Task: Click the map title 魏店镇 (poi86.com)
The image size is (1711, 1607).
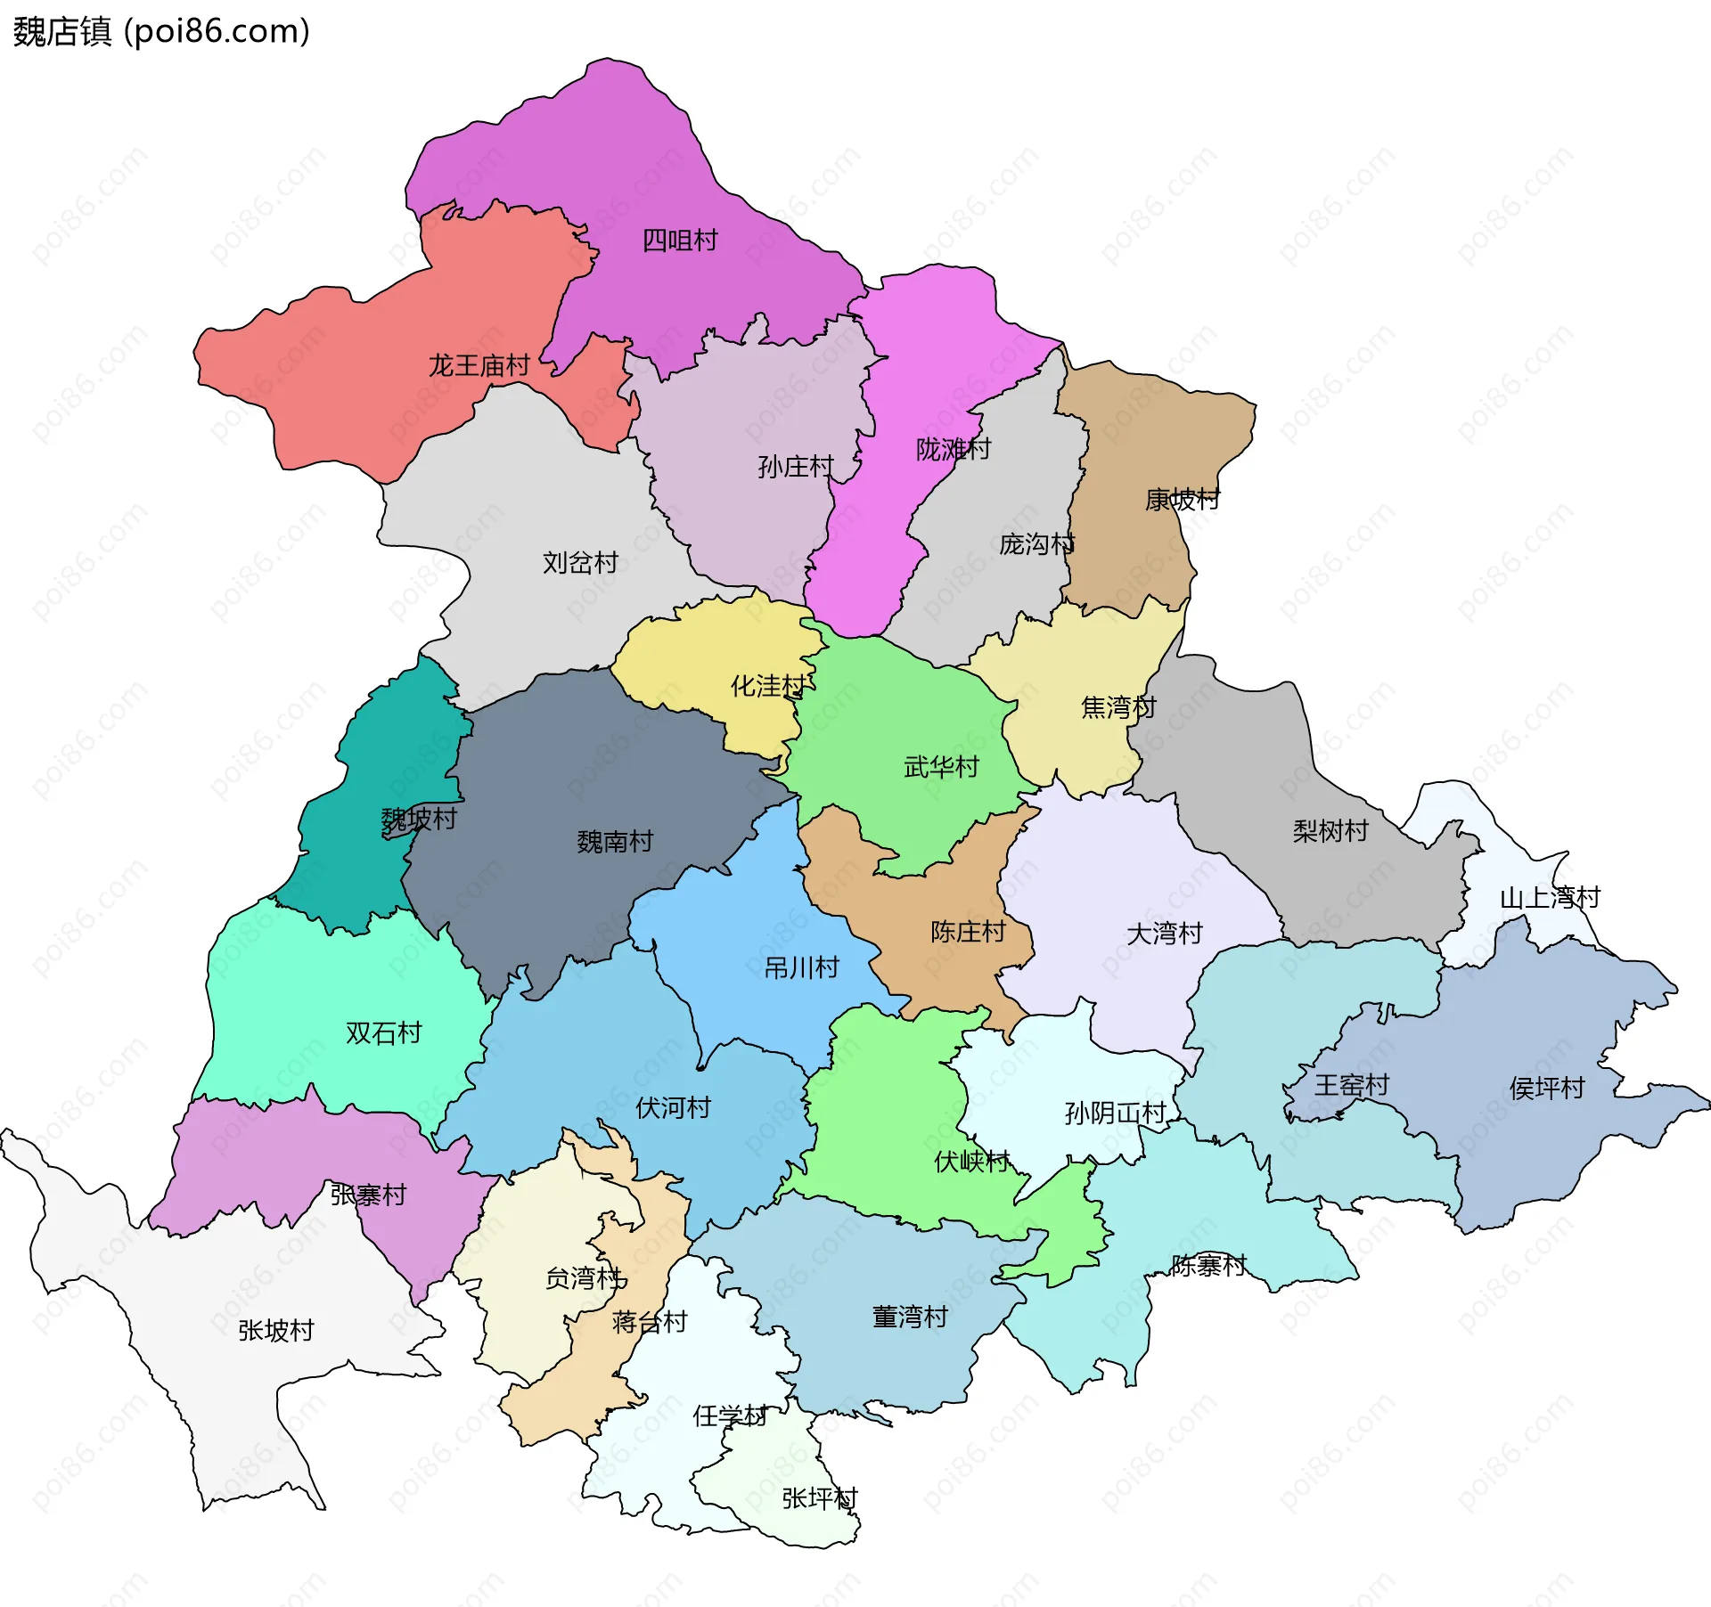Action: [161, 31]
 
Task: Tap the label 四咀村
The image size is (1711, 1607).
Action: [680, 241]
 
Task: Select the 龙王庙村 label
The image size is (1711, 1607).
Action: [479, 365]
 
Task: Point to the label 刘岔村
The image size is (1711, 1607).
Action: [580, 563]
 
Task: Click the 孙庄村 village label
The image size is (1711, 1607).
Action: [796, 467]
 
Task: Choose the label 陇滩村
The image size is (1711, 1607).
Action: [954, 449]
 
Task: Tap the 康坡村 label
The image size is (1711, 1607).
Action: [1183, 500]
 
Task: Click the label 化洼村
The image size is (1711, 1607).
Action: [768, 686]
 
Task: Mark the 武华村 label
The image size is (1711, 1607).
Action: [941, 767]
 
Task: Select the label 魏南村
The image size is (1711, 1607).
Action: [615, 842]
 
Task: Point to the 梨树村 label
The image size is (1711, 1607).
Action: [1330, 831]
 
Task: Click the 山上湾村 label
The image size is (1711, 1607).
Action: [1550, 898]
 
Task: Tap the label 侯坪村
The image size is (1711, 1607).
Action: [1547, 1089]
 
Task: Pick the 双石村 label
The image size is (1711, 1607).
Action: [384, 1033]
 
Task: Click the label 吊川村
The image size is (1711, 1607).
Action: [802, 967]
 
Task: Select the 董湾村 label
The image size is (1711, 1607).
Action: [910, 1317]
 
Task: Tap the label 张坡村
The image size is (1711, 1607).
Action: [276, 1331]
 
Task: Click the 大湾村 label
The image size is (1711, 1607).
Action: [1165, 934]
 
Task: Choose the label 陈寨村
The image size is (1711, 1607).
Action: [1208, 1266]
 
